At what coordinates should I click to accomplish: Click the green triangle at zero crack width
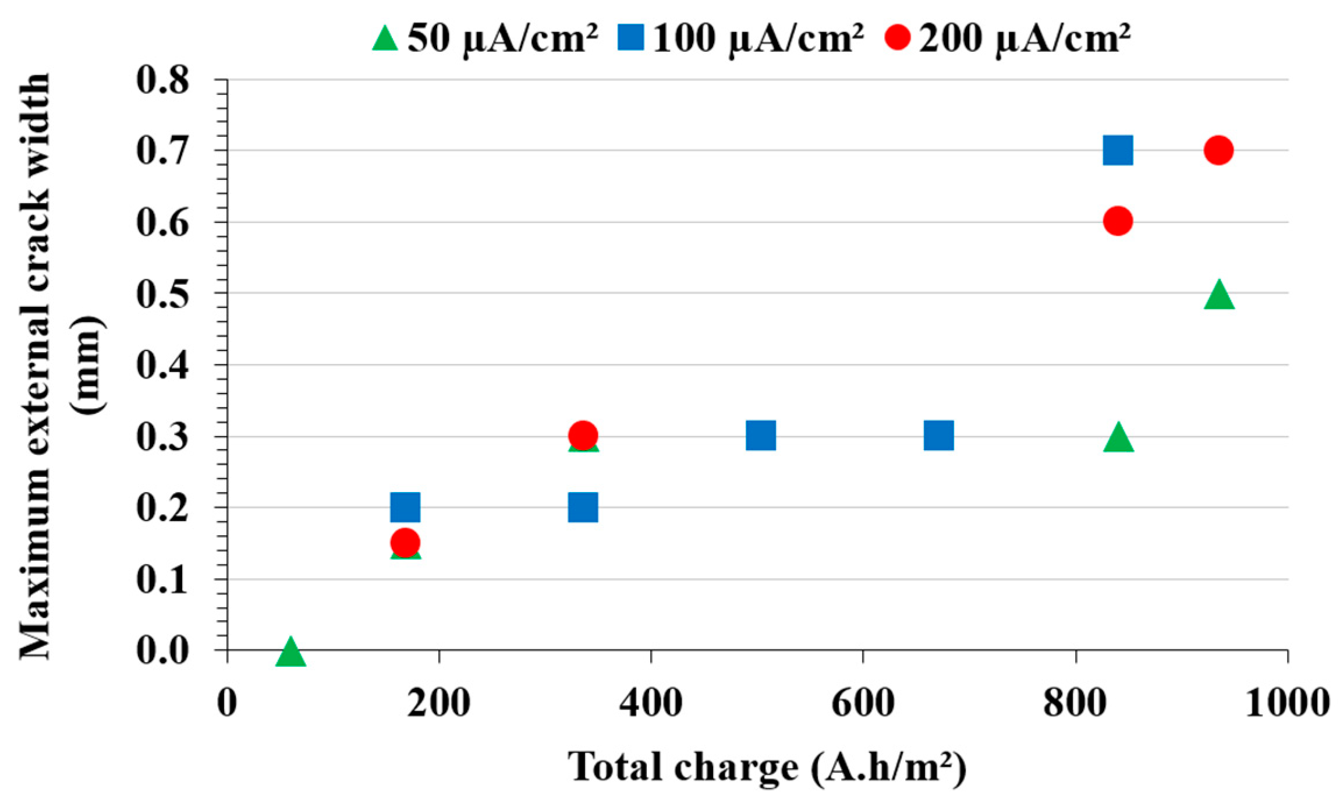[x=290, y=653]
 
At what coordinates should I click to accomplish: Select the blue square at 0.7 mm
[x=1118, y=151]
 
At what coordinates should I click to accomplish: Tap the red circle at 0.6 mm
[x=1118, y=221]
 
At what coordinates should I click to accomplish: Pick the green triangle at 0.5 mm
[x=1219, y=295]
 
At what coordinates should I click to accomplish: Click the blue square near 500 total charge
[x=761, y=436]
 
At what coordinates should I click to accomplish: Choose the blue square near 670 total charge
[x=938, y=436]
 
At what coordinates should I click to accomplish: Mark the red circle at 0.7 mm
[x=1218, y=150]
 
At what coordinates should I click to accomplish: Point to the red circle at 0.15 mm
[x=405, y=543]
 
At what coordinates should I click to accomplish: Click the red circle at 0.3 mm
[x=583, y=435]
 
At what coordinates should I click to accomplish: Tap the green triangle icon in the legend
[x=385, y=39]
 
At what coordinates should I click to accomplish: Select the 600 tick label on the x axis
[x=863, y=703]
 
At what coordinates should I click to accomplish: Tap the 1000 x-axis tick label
[x=1287, y=703]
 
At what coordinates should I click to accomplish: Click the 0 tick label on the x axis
[x=227, y=703]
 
